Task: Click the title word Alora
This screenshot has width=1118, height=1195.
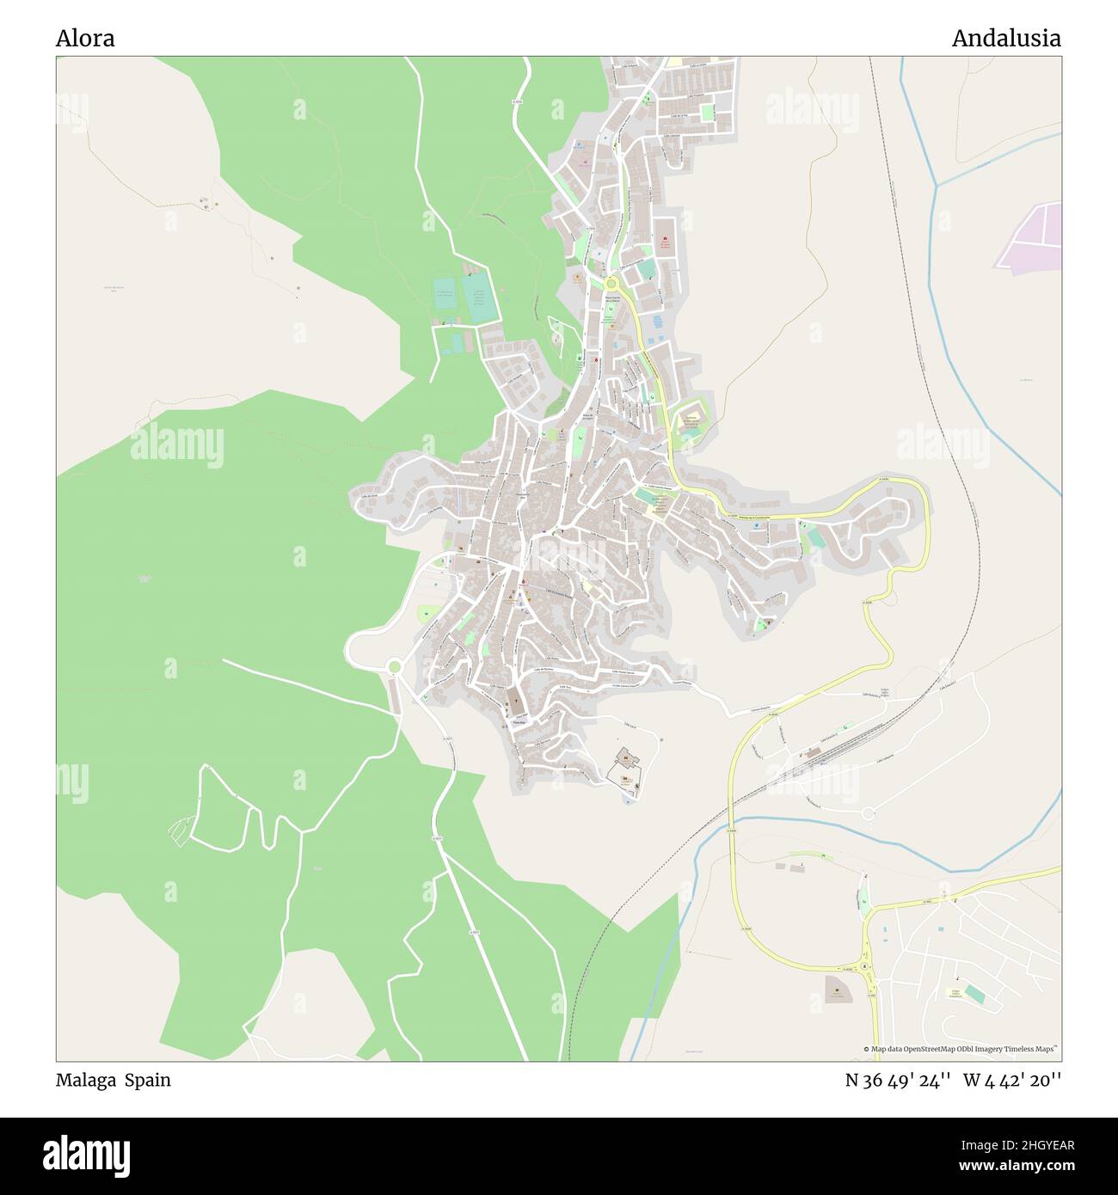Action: click(x=85, y=39)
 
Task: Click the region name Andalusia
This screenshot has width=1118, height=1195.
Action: click(x=1005, y=39)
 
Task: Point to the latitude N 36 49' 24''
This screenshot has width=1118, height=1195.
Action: click(x=897, y=1080)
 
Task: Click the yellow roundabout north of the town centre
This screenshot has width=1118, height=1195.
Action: click(x=611, y=283)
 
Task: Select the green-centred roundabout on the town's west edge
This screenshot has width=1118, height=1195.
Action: click(x=395, y=666)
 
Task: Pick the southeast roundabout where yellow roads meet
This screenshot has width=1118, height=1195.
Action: click(x=865, y=966)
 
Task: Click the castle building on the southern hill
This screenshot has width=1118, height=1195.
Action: click(x=626, y=758)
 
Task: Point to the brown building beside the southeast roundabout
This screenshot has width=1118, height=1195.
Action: click(x=835, y=988)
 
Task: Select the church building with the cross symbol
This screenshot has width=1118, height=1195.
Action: click(x=515, y=701)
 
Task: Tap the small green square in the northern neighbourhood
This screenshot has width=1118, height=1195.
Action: click(x=707, y=113)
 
